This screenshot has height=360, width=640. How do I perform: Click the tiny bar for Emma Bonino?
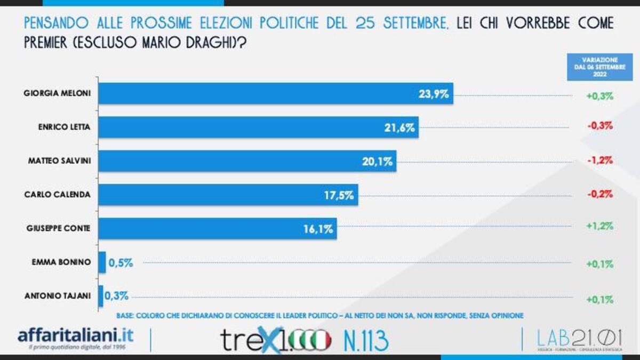click(x=102, y=262)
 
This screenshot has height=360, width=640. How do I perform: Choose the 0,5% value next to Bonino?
click(x=121, y=262)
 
